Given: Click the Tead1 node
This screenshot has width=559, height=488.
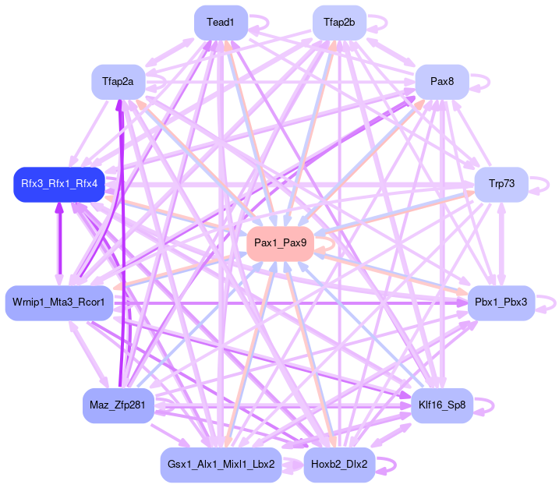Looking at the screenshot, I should tap(221, 23).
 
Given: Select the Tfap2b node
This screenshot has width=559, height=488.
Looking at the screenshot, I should tap(339, 23).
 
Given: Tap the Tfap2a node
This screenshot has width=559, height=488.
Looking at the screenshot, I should tap(118, 81).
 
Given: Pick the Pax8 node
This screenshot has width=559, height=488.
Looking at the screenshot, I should tap(441, 81).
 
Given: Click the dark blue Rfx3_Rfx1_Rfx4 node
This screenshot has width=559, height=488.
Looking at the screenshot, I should tap(59, 184).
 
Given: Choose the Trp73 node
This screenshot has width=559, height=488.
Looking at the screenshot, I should tap(501, 184).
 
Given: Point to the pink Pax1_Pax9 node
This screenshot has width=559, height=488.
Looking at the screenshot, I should tap(280, 244).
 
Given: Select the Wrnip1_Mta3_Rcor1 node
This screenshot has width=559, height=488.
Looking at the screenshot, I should tap(59, 301).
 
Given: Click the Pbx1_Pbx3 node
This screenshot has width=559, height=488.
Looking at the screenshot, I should tap(501, 302).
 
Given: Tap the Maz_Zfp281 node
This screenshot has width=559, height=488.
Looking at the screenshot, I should tap(117, 405).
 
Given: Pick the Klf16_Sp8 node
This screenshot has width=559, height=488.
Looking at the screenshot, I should tap(442, 405).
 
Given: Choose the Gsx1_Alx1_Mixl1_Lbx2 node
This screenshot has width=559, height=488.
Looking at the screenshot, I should tap(221, 465).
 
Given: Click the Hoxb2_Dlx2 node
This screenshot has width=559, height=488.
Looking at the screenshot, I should tap(339, 465).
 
